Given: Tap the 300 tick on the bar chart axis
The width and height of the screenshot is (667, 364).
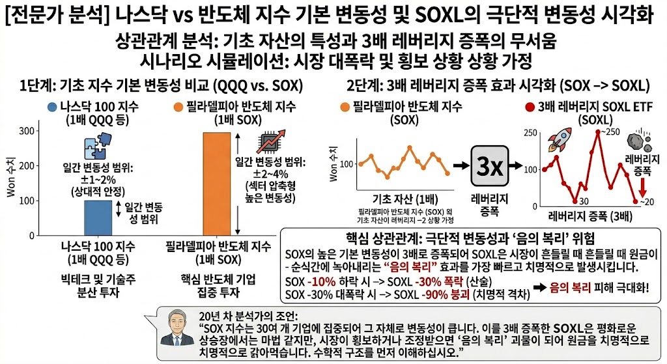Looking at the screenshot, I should click(x=26, y=132).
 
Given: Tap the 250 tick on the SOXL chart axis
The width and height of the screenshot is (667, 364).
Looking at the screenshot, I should click(x=529, y=133).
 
